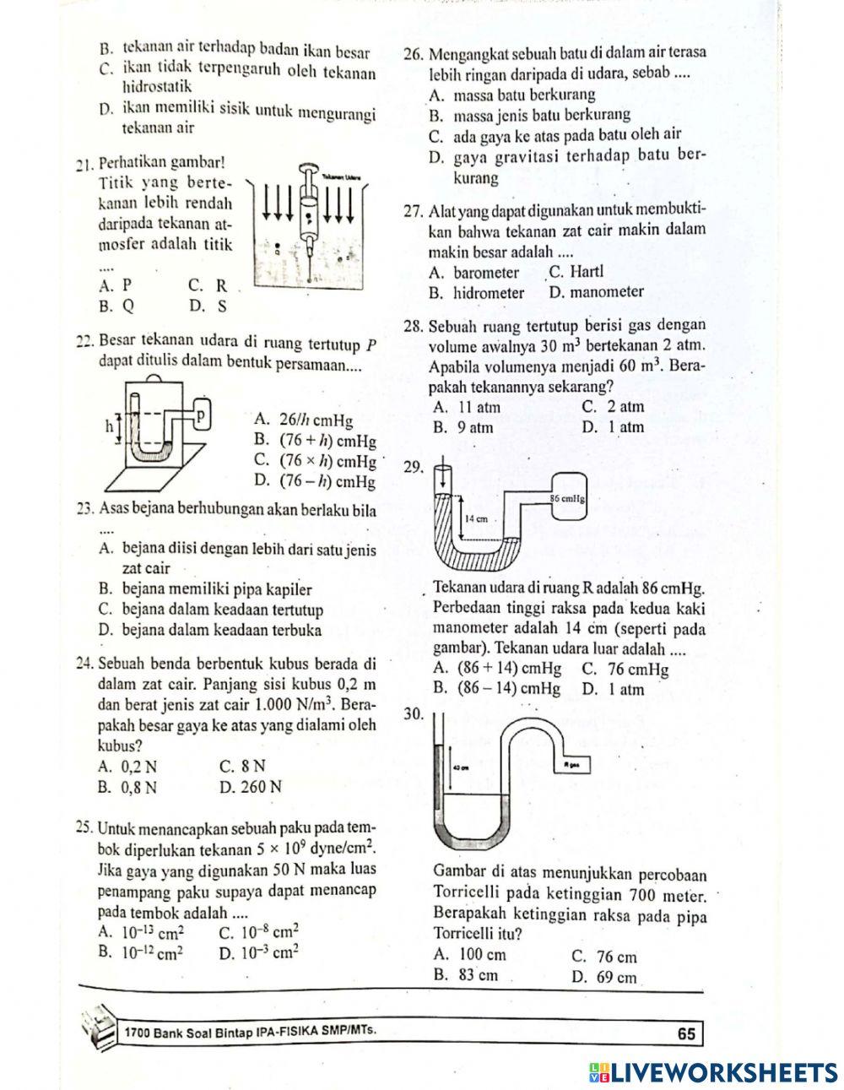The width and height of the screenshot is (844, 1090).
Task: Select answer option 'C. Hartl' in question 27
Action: click(576, 272)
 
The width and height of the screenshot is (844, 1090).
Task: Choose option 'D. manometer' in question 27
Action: click(596, 292)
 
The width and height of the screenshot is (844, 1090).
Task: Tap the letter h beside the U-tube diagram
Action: click(109, 427)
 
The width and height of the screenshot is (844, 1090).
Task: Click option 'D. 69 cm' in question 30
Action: click(603, 978)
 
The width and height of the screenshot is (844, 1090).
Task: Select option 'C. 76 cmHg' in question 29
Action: click(625, 670)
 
